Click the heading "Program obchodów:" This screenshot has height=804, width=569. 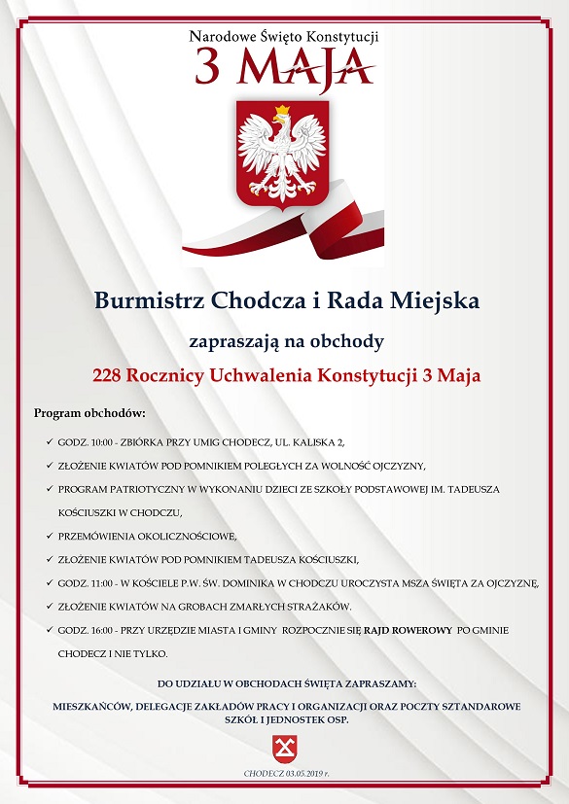click(89, 413)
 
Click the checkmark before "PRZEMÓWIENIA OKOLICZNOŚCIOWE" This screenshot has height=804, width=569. click(48, 536)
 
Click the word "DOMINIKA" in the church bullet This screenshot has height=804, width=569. click(280, 583)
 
